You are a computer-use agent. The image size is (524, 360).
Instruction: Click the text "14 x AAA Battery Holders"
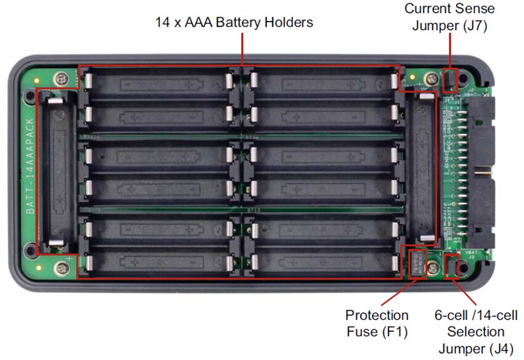[234, 23]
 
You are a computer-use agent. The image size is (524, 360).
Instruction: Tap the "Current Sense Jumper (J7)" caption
[449, 17]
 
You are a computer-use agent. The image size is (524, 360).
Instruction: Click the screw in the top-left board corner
[62, 78]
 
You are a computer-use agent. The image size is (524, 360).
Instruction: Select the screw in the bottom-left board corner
[62, 267]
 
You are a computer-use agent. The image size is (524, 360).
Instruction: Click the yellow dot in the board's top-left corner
[39, 80]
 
